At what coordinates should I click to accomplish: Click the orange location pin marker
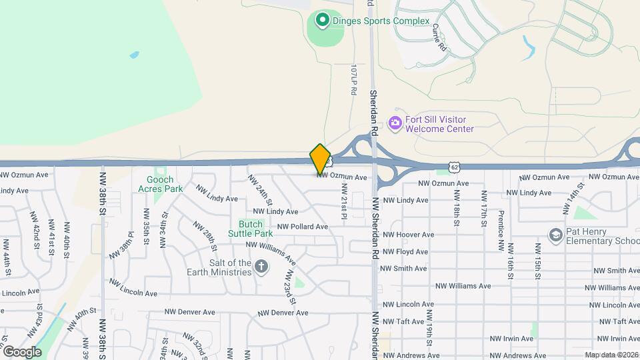[x=320, y=159]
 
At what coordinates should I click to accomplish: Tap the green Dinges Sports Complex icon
[x=322, y=21]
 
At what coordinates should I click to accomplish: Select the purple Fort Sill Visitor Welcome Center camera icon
[x=395, y=122]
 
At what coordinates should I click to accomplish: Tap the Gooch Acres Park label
[x=160, y=184]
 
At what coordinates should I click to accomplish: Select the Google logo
[x=22, y=351]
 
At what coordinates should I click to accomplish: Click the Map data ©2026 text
[x=611, y=355]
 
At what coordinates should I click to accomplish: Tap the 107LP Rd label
[x=354, y=79]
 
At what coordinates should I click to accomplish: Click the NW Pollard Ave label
[x=303, y=227]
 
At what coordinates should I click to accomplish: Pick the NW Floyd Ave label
[x=403, y=252]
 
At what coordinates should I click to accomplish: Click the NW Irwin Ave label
[x=509, y=339]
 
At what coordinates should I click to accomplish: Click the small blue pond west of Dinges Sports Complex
[x=134, y=55]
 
